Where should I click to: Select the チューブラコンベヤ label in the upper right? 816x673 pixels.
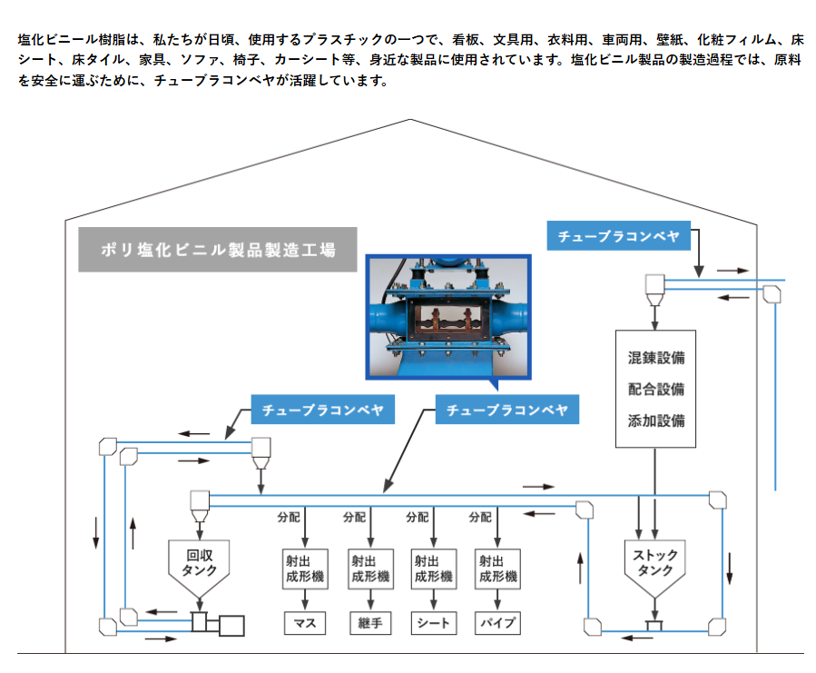point(618,237)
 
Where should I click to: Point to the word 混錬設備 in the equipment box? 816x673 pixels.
point(655,358)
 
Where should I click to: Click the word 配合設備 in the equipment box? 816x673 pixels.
point(655,389)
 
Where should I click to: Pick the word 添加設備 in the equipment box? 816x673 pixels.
point(655,421)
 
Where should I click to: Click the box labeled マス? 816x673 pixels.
point(304,623)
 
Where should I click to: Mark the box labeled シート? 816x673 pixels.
point(433,623)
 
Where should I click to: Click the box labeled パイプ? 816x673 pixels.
point(497,623)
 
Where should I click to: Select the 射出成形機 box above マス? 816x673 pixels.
point(304,569)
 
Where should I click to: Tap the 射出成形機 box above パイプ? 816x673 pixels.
point(497,569)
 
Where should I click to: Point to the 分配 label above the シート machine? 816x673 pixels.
point(417,518)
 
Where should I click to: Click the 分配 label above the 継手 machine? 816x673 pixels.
point(353,518)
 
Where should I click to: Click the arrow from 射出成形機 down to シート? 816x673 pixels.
point(433,599)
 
